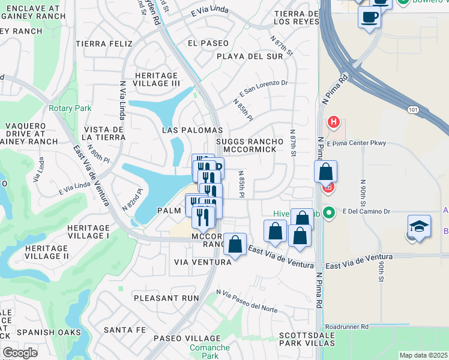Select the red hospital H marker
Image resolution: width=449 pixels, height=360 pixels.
click(334, 123)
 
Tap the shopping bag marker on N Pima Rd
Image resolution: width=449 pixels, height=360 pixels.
click(325, 172)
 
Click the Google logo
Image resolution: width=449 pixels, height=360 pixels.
click(20, 352)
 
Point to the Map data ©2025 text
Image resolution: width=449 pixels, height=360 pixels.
click(423, 355)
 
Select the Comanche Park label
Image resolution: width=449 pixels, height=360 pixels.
click(209, 352)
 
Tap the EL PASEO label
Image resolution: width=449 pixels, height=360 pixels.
click(208, 43)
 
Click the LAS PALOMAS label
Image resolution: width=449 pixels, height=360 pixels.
click(193, 130)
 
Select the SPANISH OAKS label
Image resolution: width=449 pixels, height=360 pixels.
click(40, 332)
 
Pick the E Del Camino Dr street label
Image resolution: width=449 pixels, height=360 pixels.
click(366, 211)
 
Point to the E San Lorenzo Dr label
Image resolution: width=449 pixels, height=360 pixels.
click(264, 89)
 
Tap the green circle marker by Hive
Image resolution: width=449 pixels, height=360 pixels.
click(328, 212)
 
